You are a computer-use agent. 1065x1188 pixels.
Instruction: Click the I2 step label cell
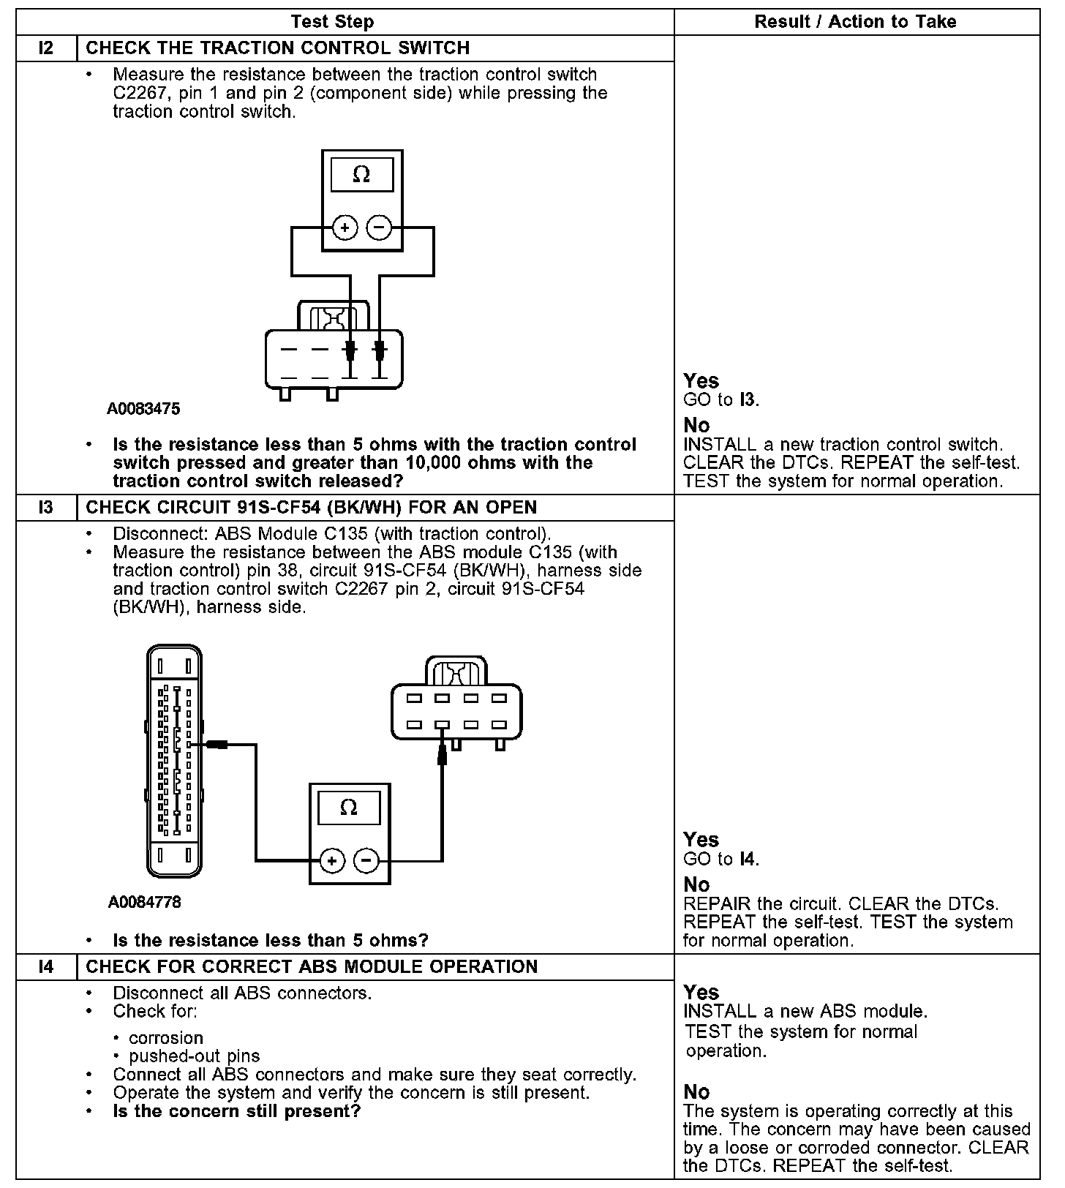coord(46,48)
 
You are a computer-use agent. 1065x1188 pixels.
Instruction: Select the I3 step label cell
coord(46,508)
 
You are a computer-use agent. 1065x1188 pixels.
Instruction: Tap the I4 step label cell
coord(46,967)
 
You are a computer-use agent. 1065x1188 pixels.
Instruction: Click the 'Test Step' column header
coord(332,22)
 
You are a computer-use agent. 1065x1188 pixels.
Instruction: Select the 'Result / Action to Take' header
coord(855,22)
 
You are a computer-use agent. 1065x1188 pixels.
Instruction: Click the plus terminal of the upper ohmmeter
coord(345,228)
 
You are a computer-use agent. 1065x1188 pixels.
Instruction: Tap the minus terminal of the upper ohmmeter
coord(379,228)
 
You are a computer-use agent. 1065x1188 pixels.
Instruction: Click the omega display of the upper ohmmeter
coord(361,175)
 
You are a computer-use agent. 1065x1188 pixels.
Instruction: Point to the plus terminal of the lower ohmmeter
coord(332,860)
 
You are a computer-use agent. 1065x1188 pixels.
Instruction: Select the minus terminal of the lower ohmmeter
coord(366,860)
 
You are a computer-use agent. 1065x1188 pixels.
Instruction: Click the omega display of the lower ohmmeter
coord(349,808)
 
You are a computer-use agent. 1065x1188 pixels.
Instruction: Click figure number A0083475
coord(143,409)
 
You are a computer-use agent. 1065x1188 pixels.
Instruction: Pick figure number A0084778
coord(145,902)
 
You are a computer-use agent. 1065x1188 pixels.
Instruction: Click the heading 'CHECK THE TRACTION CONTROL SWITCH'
coord(278,48)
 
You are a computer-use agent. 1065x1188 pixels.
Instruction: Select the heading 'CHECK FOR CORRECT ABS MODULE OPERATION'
coord(312,967)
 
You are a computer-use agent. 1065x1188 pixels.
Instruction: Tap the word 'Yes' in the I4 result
coord(701,993)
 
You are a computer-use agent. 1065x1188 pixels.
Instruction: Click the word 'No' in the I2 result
coord(696,426)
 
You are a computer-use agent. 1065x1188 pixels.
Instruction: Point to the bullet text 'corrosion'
coord(166,1038)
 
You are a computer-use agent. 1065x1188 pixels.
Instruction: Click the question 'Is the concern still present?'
coord(237,1111)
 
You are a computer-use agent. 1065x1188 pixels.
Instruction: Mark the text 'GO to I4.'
coord(721,859)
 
